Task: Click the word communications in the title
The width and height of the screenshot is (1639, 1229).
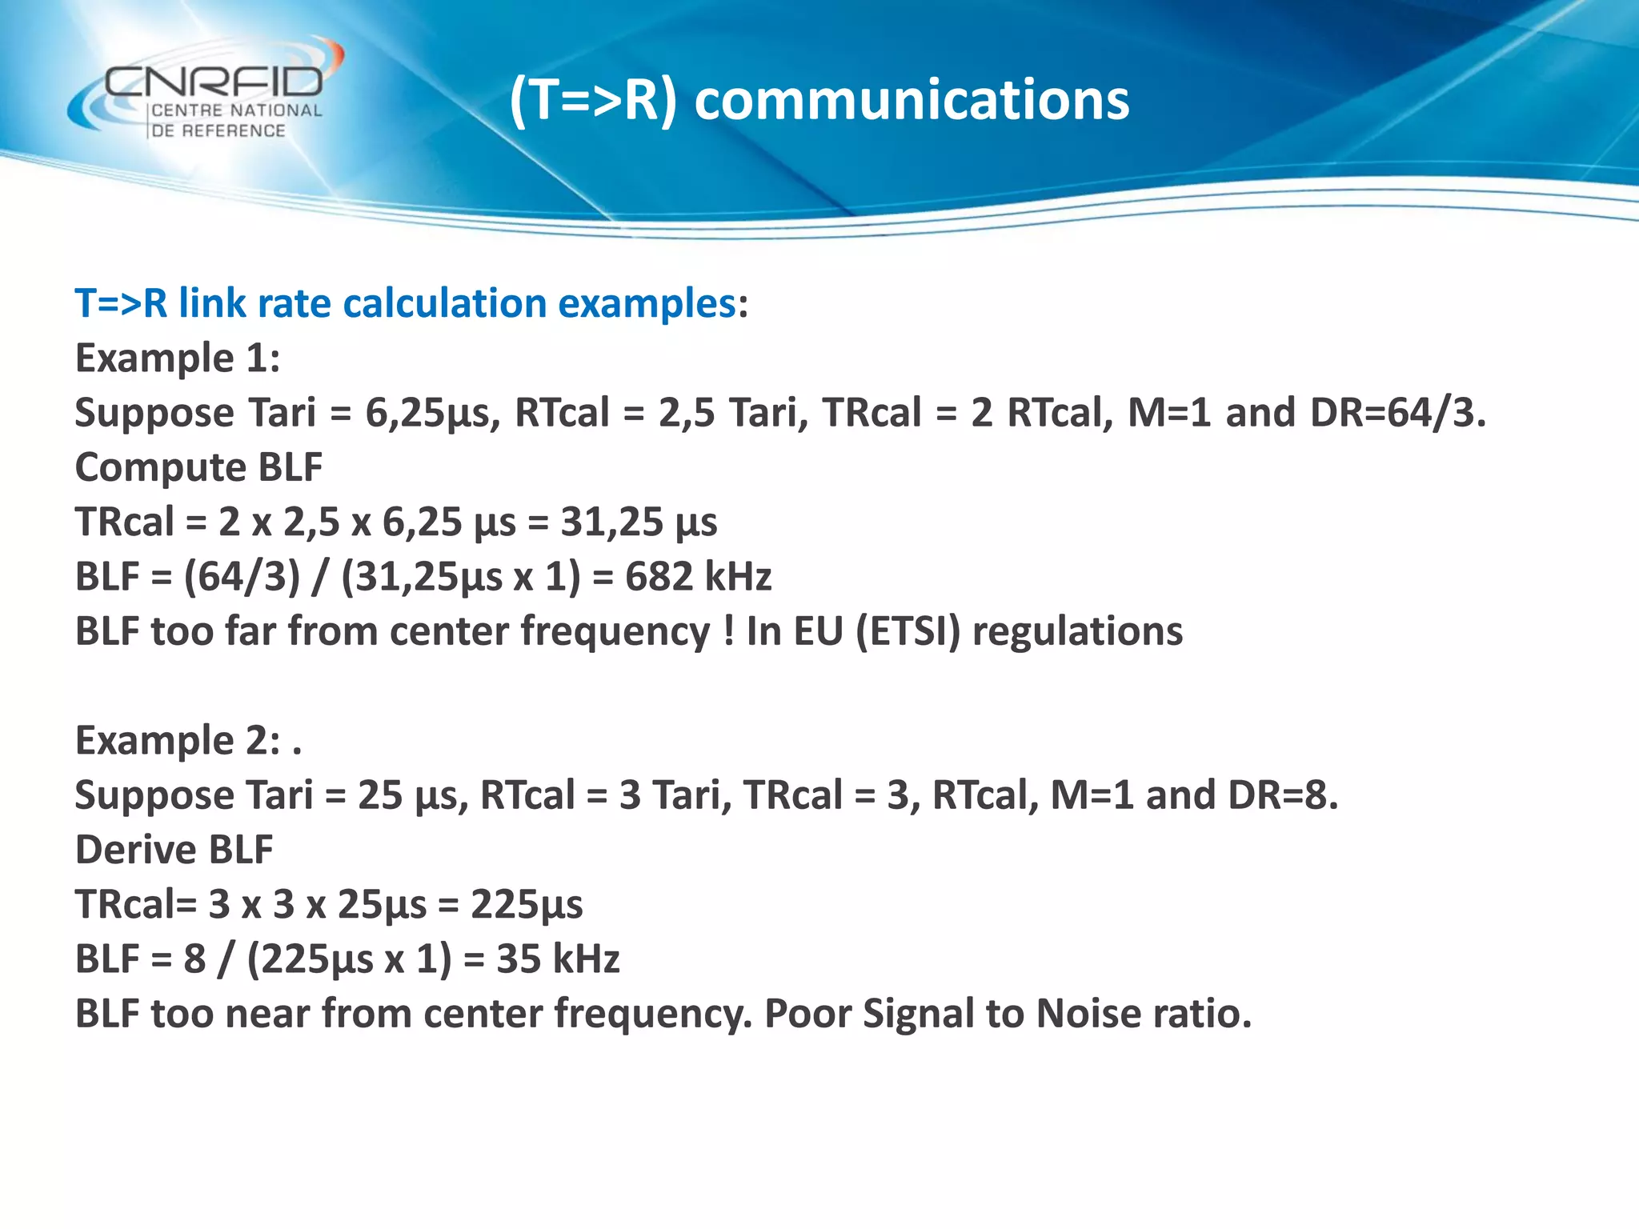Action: coord(912,101)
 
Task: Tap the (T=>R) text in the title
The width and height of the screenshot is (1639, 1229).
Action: coord(593,101)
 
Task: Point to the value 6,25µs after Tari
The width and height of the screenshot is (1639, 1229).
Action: coord(433,413)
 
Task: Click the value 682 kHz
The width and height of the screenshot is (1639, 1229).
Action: coord(698,576)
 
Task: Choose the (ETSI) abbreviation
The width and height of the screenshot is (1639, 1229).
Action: coord(908,631)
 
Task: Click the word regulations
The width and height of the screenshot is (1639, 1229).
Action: coord(1077,631)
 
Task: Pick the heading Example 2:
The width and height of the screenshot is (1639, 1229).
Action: coord(178,740)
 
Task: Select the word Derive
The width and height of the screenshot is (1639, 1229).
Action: coord(135,850)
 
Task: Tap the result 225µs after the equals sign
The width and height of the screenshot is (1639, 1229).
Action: coord(527,905)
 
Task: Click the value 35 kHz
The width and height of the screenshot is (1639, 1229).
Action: coord(558,959)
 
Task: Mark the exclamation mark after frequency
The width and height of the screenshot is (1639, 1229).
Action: coord(728,632)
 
